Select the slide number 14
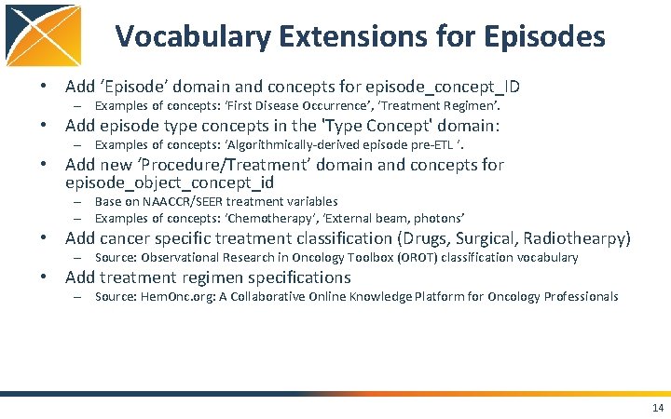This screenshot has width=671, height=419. point(658,408)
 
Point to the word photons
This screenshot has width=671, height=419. point(440,218)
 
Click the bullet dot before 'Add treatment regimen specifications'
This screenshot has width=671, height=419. point(45,277)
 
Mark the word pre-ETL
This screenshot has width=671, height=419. point(434,145)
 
